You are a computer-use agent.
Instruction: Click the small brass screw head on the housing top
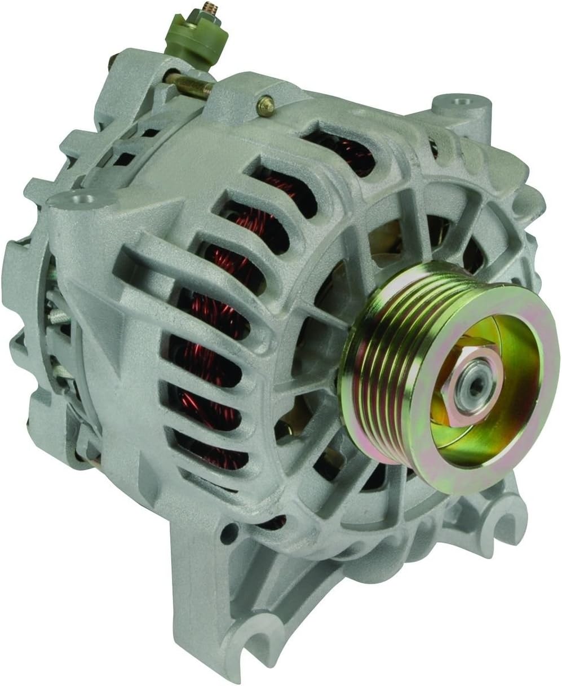coord(265,104)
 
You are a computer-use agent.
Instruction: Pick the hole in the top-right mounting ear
coord(468,103)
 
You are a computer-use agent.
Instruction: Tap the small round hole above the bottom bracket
coord(228,533)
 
